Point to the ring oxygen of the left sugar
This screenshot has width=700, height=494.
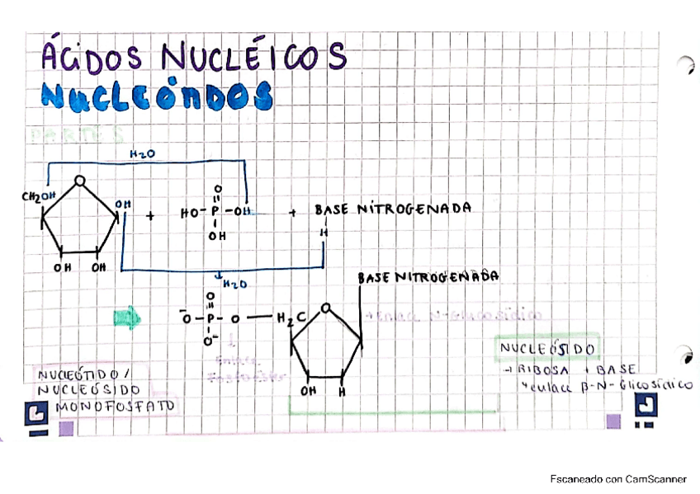pyautogui.click(x=78, y=181)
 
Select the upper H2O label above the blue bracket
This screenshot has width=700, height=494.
pyautogui.click(x=143, y=154)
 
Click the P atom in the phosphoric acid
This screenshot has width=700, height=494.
pyautogui.click(x=217, y=212)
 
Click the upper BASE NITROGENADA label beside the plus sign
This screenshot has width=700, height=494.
pyautogui.click(x=392, y=209)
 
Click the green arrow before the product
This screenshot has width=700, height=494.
pyautogui.click(x=127, y=317)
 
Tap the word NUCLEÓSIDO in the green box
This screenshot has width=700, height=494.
pyautogui.click(x=547, y=349)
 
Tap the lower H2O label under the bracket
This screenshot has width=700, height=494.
pyautogui.click(x=235, y=284)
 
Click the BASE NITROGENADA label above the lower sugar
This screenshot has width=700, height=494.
pyautogui.click(x=428, y=278)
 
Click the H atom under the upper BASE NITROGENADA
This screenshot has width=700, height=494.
pyautogui.click(x=324, y=233)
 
